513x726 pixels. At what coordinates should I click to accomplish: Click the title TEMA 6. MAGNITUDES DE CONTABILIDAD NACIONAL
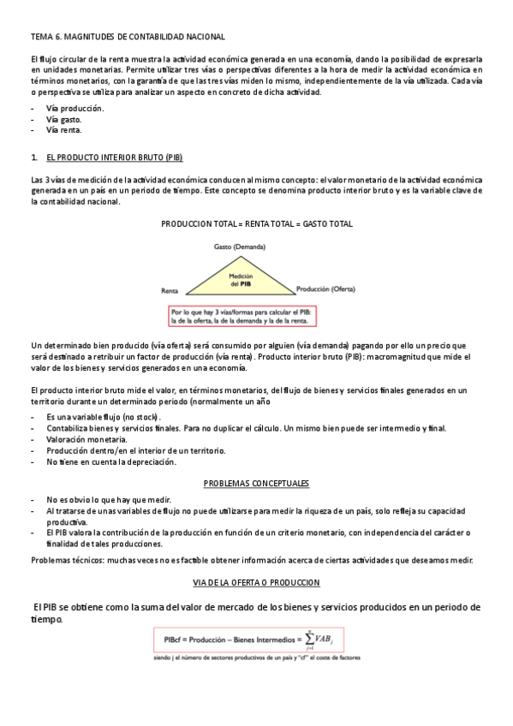128,37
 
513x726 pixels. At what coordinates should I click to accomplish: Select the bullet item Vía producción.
75,109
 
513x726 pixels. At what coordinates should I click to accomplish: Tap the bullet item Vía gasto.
65,120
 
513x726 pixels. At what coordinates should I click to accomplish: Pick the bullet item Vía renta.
64,130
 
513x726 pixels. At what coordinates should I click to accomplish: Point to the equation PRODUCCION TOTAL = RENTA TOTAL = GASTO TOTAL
257,223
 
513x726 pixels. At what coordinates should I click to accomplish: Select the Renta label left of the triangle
170,291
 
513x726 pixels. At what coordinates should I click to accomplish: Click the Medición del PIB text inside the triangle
240,281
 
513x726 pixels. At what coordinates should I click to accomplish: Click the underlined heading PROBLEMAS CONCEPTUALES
256,484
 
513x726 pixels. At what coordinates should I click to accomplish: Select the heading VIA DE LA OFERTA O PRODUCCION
256,583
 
